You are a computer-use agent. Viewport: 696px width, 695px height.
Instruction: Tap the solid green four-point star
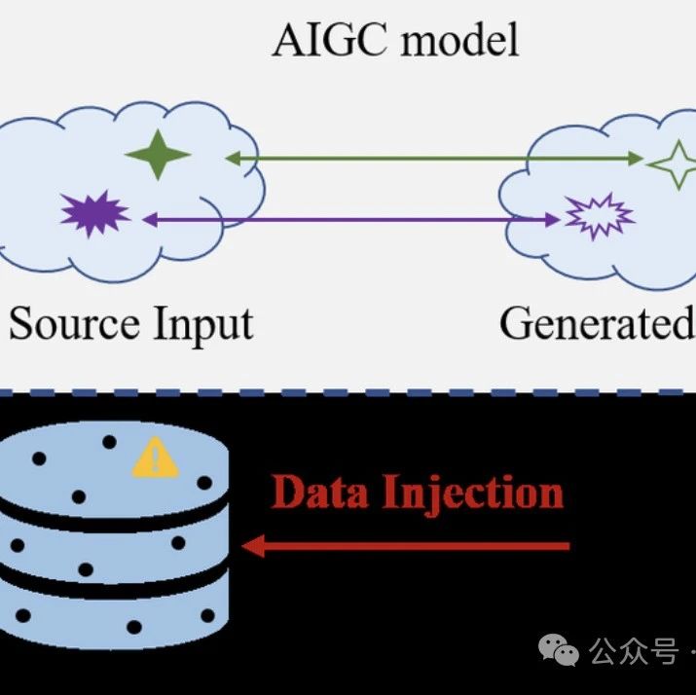point(158,155)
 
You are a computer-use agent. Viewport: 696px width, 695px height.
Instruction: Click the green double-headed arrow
point(433,157)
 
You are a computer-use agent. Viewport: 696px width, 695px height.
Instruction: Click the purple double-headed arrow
point(350,221)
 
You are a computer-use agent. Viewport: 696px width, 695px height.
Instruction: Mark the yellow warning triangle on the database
point(155,459)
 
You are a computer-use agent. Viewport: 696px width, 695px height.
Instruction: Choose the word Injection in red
point(473,493)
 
